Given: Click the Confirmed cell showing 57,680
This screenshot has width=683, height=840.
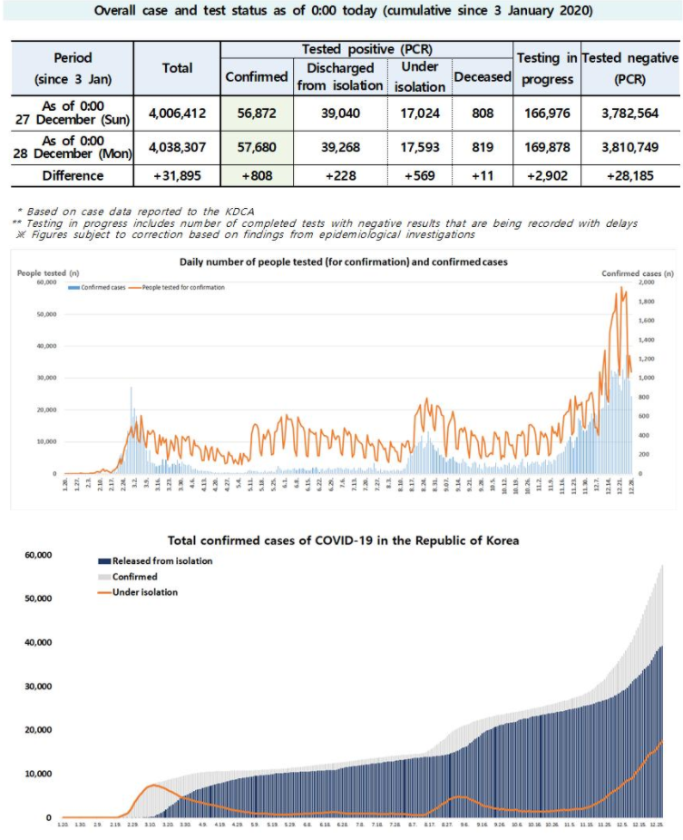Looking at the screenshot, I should click(x=257, y=145).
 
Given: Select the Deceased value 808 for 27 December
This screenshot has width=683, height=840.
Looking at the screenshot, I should click(x=482, y=113).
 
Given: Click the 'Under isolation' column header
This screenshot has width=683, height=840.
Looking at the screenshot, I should click(x=419, y=76).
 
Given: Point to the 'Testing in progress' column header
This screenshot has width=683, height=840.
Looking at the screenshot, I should click(x=546, y=68).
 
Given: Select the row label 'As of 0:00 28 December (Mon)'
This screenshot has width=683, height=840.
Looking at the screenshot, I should click(x=73, y=145).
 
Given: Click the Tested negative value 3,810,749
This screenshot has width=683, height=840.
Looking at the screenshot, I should click(x=629, y=145).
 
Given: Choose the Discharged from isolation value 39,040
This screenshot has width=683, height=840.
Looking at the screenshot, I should click(x=345, y=113).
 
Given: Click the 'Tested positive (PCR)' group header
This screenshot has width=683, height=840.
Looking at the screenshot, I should click(x=366, y=49).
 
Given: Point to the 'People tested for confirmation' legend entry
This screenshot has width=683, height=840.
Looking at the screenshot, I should click(x=183, y=287).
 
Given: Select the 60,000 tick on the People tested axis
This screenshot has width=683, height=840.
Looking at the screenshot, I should click(x=44, y=282).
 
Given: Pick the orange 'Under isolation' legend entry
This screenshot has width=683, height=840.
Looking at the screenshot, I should click(x=146, y=592).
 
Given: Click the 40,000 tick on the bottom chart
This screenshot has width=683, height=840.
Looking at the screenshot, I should click(x=37, y=643).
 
